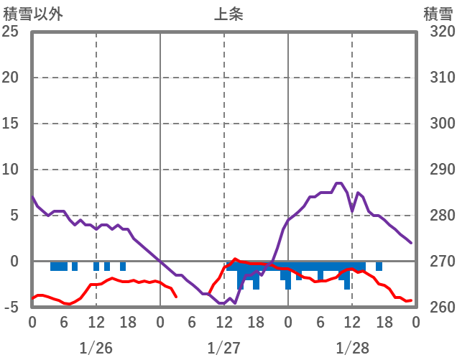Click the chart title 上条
228,14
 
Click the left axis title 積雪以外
32,14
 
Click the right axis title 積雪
438,14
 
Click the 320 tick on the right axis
437,32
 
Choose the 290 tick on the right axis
437,170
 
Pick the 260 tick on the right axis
437,308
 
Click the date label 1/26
96,348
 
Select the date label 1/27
224,348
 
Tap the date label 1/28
352,348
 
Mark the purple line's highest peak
338,183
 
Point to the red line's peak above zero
235,259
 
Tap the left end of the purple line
32,197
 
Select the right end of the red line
410,300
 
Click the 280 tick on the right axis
437,216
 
